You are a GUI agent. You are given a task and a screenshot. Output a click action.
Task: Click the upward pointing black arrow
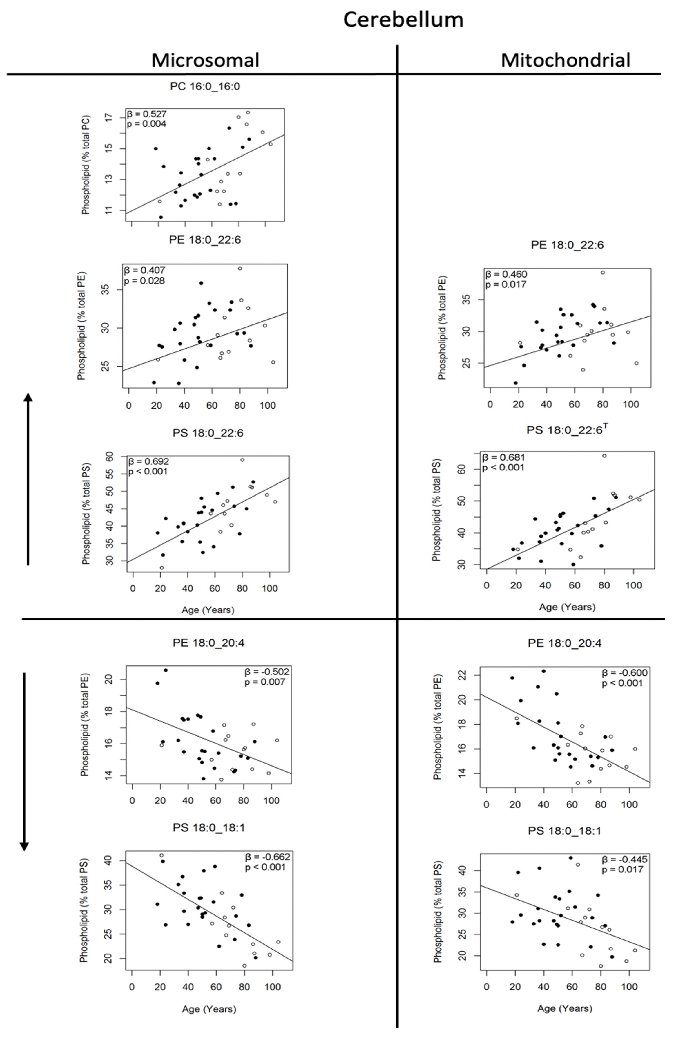click(28, 479)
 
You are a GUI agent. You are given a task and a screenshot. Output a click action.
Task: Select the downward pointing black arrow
click(24, 761)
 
